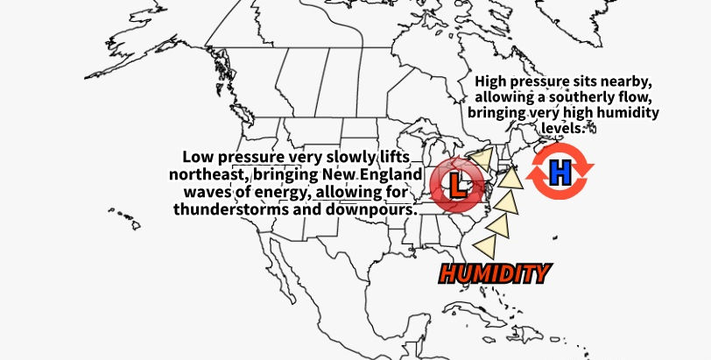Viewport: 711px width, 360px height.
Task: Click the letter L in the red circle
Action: [x=455, y=184]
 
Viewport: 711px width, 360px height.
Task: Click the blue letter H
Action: [x=560, y=173]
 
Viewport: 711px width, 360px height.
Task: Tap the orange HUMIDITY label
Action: [x=495, y=273]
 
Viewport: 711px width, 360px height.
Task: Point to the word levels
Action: [x=561, y=129]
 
